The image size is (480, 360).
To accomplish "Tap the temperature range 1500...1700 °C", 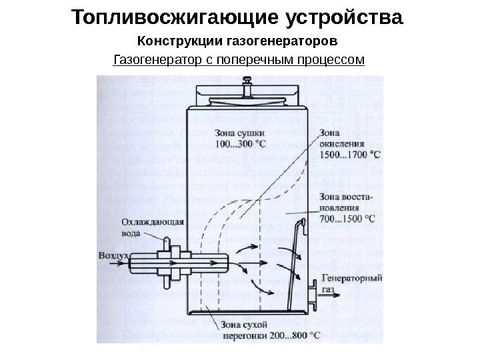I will point(351,154).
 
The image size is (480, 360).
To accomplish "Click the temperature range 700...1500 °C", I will point(347,218).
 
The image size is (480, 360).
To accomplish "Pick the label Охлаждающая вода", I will point(152,228).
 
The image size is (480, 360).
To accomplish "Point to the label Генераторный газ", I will point(351,283).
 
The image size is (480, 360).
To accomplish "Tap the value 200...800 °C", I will point(293,335).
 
